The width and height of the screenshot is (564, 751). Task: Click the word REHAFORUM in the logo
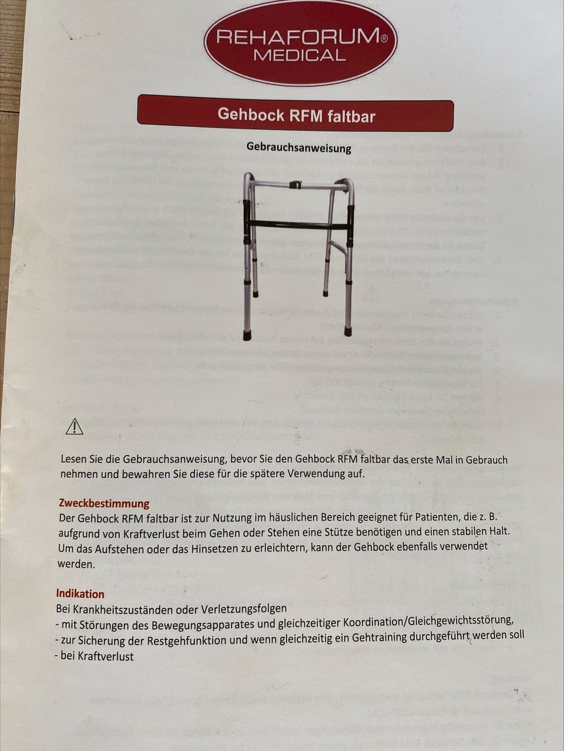[x=297, y=38]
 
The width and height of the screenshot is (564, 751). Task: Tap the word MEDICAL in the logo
[x=300, y=56]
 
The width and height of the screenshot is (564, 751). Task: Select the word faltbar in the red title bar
[x=351, y=116]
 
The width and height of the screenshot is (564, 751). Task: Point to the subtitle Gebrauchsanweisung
[x=298, y=147]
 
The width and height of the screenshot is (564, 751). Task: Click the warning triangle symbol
[x=75, y=427]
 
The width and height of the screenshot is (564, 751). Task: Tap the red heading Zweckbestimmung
[x=104, y=503]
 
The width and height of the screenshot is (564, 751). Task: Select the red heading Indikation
[x=80, y=594]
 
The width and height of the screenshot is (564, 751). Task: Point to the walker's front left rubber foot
[x=247, y=335]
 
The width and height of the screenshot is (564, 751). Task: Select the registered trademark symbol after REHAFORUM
[x=384, y=38]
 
